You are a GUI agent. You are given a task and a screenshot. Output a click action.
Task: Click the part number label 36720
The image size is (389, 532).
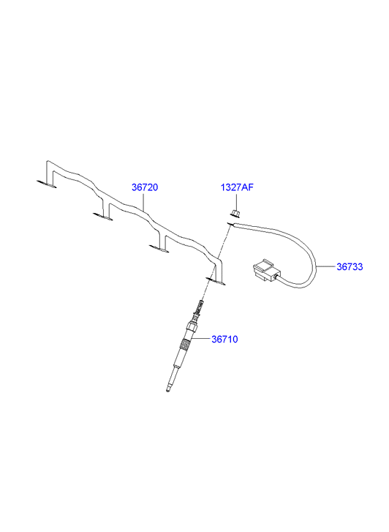tap(145, 187)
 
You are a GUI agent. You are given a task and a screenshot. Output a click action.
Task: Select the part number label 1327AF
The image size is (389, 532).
tap(237, 187)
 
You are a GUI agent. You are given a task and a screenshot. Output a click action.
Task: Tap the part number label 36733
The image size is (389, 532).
tap(350, 266)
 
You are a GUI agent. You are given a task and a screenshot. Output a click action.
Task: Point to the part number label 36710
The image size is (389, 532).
tap(224, 339)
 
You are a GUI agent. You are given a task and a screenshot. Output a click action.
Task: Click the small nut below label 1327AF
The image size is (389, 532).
tap(235, 214)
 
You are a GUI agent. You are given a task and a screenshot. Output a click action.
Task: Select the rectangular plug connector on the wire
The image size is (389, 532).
tap(266, 271)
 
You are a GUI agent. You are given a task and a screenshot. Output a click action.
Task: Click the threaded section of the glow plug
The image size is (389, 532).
tap(184, 346)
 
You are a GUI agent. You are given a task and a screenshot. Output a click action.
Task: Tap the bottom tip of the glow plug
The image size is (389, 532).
tap(167, 391)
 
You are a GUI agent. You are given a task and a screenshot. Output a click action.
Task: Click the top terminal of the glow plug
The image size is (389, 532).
tap(201, 303)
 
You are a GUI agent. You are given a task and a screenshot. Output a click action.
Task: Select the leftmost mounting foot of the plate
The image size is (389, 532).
tap(47, 184)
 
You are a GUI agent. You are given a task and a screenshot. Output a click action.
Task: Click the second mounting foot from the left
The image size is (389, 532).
tap(103, 216)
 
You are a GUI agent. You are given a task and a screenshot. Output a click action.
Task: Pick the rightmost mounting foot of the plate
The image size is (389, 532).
tap(216, 281)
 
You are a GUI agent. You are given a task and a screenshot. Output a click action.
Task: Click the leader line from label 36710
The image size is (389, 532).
tap(201, 339)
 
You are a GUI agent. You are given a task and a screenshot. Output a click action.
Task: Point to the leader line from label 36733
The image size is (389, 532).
tap(326, 266)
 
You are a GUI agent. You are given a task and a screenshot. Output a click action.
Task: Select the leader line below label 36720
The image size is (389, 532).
tap(144, 201)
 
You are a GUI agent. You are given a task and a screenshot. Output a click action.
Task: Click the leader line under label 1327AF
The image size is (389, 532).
tap(236, 201)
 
